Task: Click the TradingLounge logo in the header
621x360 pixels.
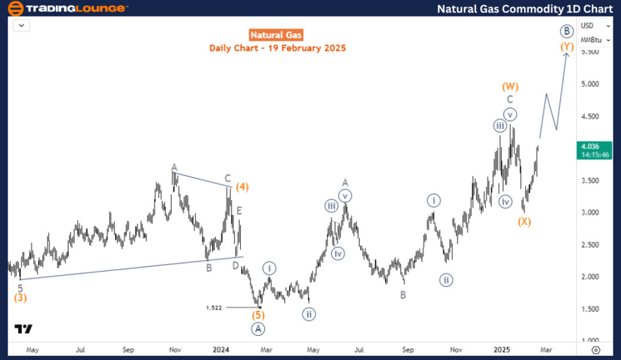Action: pos(68,8)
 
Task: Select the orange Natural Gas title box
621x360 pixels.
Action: pos(277,35)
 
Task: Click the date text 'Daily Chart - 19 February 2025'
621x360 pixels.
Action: pos(277,48)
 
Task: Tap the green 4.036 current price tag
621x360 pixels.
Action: pos(591,146)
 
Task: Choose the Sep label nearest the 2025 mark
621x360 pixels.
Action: pos(408,350)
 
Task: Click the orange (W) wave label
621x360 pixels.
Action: pos(510,87)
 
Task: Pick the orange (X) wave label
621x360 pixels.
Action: pos(525,221)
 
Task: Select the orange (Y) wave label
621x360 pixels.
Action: pos(566,47)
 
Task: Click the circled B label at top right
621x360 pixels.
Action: pos(566,31)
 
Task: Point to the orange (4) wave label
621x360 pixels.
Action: pos(241,186)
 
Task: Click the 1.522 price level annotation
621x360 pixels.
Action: pos(214,308)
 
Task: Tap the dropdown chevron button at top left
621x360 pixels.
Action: pos(22,25)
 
